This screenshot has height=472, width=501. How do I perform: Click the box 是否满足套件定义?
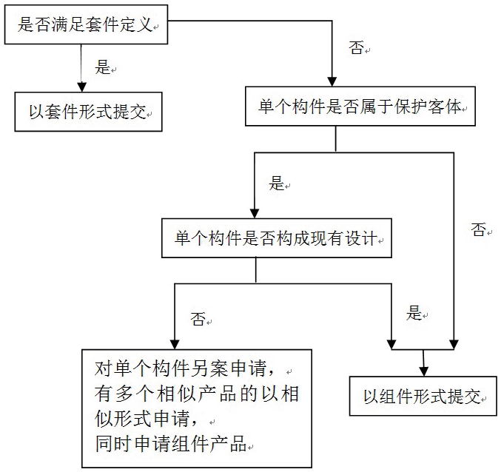tap(87, 24)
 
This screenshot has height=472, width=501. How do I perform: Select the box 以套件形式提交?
tap(89, 112)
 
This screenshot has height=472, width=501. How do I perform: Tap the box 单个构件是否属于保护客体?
tap(360, 106)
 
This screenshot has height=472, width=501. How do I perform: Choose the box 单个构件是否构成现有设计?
tap(277, 238)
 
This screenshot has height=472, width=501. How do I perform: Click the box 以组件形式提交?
tap(423, 396)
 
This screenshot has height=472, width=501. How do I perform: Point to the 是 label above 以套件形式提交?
tap(103, 67)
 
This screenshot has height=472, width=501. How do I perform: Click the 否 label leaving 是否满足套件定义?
tap(356, 47)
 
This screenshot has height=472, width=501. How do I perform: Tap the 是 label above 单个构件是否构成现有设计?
tap(276, 183)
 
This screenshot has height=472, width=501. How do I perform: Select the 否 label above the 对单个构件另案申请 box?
tap(198, 319)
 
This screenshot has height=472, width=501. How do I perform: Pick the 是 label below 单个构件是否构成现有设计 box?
tap(414, 313)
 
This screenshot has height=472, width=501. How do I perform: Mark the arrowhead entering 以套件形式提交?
tap(82, 87)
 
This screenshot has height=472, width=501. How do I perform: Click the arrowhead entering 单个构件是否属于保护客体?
tap(332, 82)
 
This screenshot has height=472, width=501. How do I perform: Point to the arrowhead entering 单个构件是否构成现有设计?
tap(255, 214)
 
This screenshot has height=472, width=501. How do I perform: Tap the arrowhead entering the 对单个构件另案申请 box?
tap(175, 345)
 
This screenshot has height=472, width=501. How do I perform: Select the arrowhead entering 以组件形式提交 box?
tap(424, 371)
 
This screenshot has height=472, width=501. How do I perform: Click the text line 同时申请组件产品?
tap(171, 444)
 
